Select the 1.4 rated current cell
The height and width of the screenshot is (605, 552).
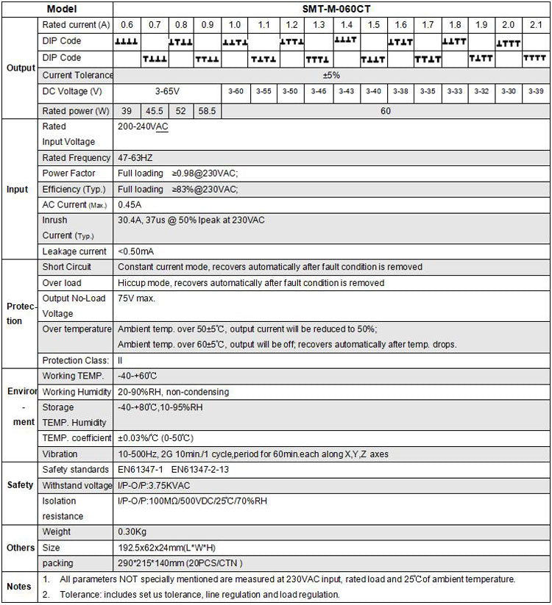345,25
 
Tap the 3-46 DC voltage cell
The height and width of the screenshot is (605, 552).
318,91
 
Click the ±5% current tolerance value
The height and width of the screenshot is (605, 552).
331,75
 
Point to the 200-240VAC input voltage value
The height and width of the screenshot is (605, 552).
143,126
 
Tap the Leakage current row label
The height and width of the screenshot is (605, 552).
74,251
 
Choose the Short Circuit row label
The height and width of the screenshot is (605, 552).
67,267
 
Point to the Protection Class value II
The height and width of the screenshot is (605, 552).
121,360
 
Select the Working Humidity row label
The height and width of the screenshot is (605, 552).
77,392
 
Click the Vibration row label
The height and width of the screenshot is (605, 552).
60,454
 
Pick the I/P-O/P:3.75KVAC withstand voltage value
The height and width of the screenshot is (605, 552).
154,485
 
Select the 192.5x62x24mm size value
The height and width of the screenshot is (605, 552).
166,548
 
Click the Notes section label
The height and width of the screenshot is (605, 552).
19,587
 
